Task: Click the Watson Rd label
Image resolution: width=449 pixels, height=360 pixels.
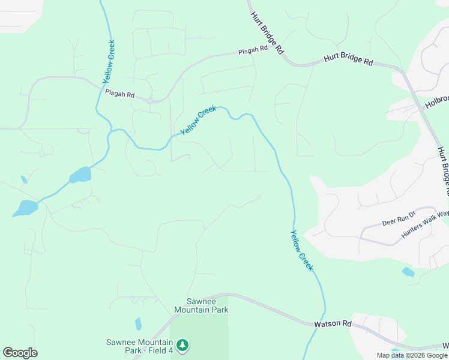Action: [x=333, y=323]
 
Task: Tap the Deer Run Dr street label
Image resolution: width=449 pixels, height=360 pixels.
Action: [x=399, y=219]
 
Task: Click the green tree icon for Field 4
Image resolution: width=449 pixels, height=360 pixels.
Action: [x=182, y=345]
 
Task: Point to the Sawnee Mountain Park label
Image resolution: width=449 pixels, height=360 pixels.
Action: [x=201, y=306]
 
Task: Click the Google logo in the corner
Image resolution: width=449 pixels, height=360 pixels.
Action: [x=20, y=352]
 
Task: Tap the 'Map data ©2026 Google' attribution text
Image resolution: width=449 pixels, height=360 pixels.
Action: [x=411, y=355]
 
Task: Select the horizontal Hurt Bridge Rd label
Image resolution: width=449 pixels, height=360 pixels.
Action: [x=348, y=61]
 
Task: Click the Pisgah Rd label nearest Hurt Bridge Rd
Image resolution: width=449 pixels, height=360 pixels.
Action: [x=252, y=49]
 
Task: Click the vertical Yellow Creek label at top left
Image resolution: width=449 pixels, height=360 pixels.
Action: [x=109, y=61]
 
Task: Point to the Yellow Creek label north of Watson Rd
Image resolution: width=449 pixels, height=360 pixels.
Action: [x=301, y=250]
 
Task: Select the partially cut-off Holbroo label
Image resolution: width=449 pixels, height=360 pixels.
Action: [x=437, y=101]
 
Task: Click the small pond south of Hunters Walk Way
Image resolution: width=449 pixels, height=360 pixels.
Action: [x=408, y=272]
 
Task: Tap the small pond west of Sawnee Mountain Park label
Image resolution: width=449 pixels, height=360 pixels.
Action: [x=138, y=324]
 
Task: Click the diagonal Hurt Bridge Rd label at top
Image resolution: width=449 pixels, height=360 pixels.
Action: [x=267, y=34]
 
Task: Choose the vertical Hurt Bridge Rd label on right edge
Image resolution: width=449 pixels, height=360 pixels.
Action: [x=443, y=172]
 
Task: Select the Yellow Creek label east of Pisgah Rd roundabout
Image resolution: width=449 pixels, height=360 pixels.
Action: [x=198, y=120]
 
